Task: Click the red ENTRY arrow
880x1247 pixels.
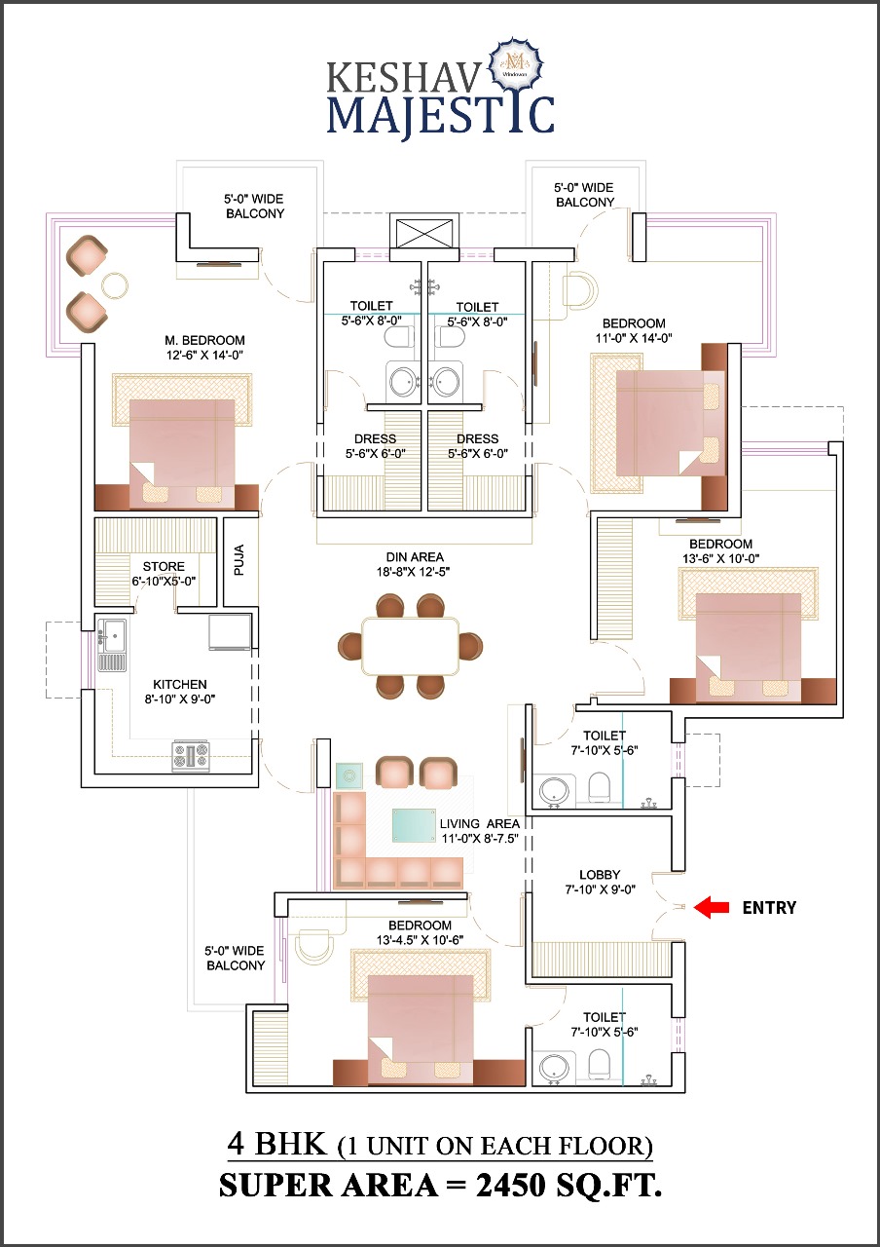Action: (711, 908)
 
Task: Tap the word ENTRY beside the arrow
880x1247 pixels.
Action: (769, 908)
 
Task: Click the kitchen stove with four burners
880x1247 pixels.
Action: (191, 756)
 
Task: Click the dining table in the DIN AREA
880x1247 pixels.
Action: (409, 646)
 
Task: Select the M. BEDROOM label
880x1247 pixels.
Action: (203, 340)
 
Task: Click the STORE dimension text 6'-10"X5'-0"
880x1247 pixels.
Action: (163, 582)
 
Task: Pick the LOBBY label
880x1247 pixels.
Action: (600, 875)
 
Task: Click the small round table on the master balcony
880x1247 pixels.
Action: (115, 284)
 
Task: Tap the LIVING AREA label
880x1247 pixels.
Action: (479, 824)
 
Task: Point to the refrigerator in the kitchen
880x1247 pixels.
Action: (231, 631)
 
